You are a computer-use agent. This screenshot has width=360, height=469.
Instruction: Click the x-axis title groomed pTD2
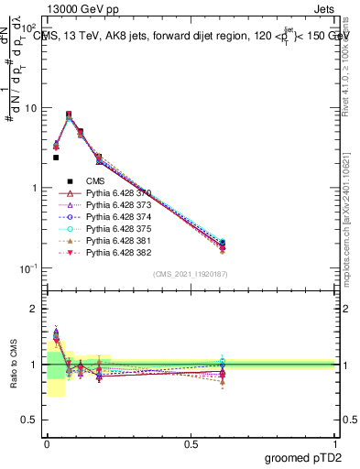pos(302,457)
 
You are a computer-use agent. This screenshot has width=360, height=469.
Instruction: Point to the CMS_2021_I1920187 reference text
pos(191,273)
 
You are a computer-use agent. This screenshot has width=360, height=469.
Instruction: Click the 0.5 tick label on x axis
pos(191,442)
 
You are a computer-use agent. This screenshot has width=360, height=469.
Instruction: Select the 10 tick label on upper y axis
pos(30,108)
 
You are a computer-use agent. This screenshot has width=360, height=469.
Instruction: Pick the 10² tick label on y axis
pos(30,28)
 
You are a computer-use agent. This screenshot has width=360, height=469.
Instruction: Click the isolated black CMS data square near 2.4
pos(56,158)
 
